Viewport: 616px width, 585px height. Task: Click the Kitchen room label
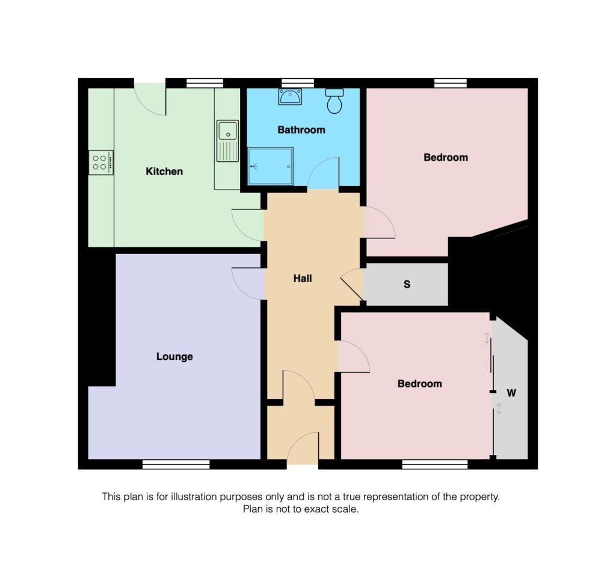[164, 172]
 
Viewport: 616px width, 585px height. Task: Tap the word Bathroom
[301, 130]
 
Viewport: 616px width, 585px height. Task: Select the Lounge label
[174, 356]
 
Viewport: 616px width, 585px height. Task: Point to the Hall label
[303, 279]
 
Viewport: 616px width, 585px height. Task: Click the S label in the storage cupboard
[407, 284]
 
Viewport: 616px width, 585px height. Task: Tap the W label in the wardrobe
[511, 393]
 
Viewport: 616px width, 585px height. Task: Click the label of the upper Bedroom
[445, 158]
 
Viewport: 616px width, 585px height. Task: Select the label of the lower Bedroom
[419, 383]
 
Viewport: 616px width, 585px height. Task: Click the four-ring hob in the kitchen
[100, 162]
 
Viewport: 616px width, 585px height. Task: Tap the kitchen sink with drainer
[227, 141]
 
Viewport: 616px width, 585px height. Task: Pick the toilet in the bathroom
[334, 101]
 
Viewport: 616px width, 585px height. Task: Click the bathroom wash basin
[290, 96]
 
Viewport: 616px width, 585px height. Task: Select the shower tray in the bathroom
[271, 166]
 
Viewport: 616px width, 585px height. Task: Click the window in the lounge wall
[176, 464]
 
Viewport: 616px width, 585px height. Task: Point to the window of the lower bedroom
[435, 464]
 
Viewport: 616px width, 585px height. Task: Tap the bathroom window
[298, 83]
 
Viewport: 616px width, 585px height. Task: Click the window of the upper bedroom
[451, 83]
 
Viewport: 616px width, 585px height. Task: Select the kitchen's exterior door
[150, 98]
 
